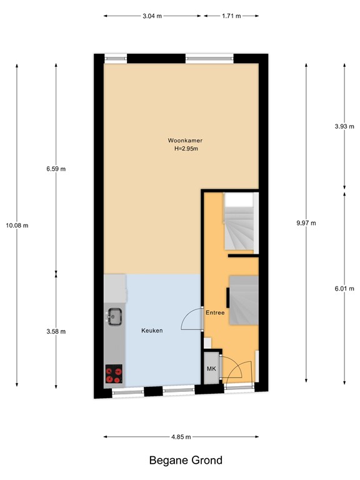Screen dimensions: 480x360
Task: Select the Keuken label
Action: [152, 331]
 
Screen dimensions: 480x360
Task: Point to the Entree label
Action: [214, 312]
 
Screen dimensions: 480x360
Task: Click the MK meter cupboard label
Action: [211, 369]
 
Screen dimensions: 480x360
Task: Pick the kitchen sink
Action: [114, 317]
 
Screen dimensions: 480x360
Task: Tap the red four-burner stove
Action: [114, 374]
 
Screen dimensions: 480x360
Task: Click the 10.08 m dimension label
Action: [17, 226]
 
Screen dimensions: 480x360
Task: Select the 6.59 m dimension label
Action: [56, 168]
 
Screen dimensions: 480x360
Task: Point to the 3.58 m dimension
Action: [56, 331]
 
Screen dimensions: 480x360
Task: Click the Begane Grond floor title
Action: [186, 461]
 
